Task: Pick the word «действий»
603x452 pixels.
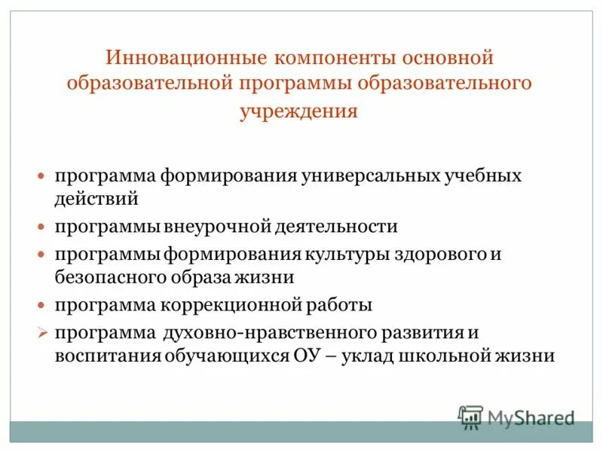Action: click(96, 200)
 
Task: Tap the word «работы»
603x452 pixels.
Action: click(338, 305)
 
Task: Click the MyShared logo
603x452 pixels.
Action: click(516, 417)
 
